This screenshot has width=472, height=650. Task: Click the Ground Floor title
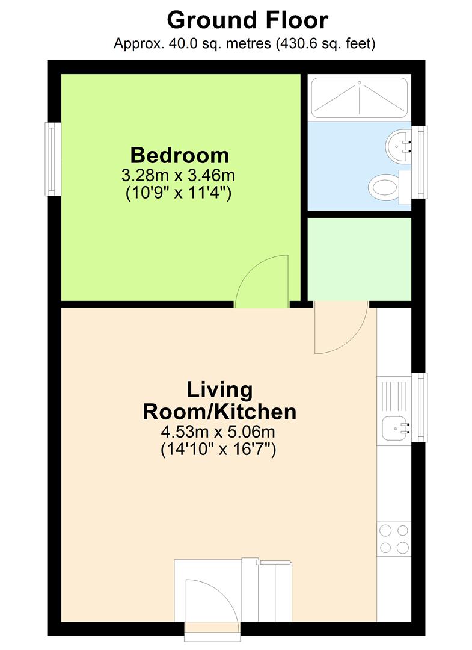(248, 20)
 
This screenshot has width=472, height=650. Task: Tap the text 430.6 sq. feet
(326, 43)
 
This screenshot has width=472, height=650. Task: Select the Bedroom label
(180, 155)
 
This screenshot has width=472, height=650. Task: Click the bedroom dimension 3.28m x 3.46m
(178, 175)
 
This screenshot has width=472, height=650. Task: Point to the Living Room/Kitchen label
(219, 400)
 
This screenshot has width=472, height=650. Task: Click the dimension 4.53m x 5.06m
(218, 432)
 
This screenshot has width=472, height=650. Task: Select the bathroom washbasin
(398, 146)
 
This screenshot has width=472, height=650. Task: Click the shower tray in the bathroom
(359, 98)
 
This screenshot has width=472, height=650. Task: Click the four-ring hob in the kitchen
(394, 539)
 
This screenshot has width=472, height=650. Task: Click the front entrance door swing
(212, 601)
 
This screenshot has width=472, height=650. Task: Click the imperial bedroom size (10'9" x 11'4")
(179, 193)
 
